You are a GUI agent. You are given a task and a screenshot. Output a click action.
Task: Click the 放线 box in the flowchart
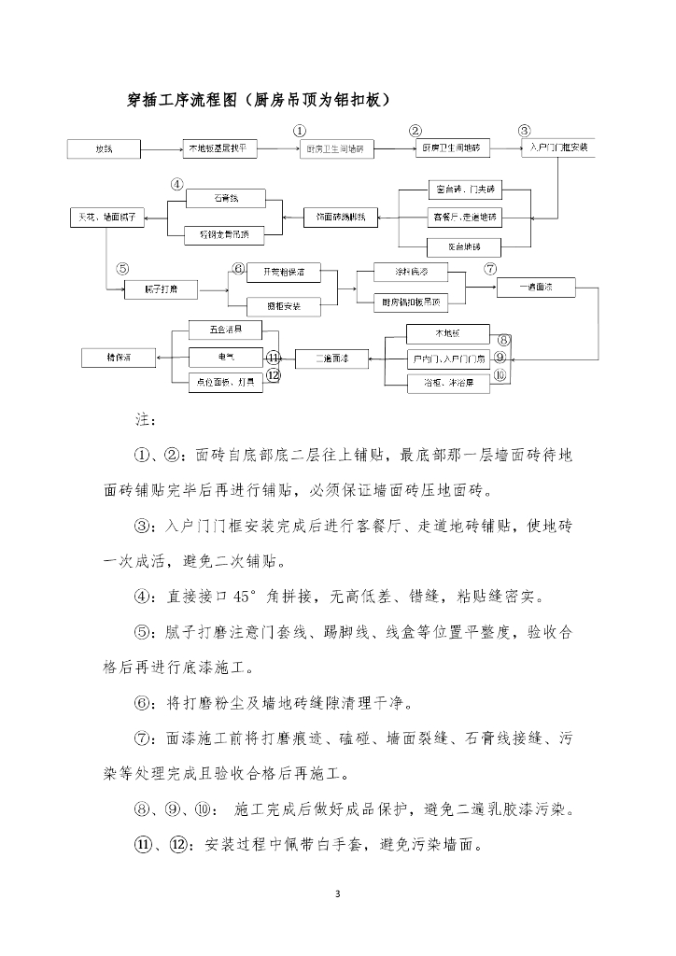104,148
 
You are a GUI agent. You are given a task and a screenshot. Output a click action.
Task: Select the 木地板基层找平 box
218,148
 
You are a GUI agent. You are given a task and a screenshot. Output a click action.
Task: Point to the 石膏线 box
224,198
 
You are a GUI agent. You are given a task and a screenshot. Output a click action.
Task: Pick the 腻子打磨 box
161,289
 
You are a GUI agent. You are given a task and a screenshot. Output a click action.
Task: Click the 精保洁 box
119,358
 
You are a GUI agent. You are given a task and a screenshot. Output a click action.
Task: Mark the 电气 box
224,358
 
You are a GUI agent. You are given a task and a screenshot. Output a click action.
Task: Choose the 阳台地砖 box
463,247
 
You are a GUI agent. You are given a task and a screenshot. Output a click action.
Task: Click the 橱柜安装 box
284,304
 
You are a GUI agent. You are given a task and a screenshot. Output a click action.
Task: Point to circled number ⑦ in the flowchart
490,269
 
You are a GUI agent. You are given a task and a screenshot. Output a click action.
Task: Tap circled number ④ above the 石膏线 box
176,183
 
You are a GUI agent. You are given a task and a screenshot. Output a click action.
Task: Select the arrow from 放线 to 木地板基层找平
161,148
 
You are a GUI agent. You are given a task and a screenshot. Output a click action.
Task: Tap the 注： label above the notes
147,419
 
